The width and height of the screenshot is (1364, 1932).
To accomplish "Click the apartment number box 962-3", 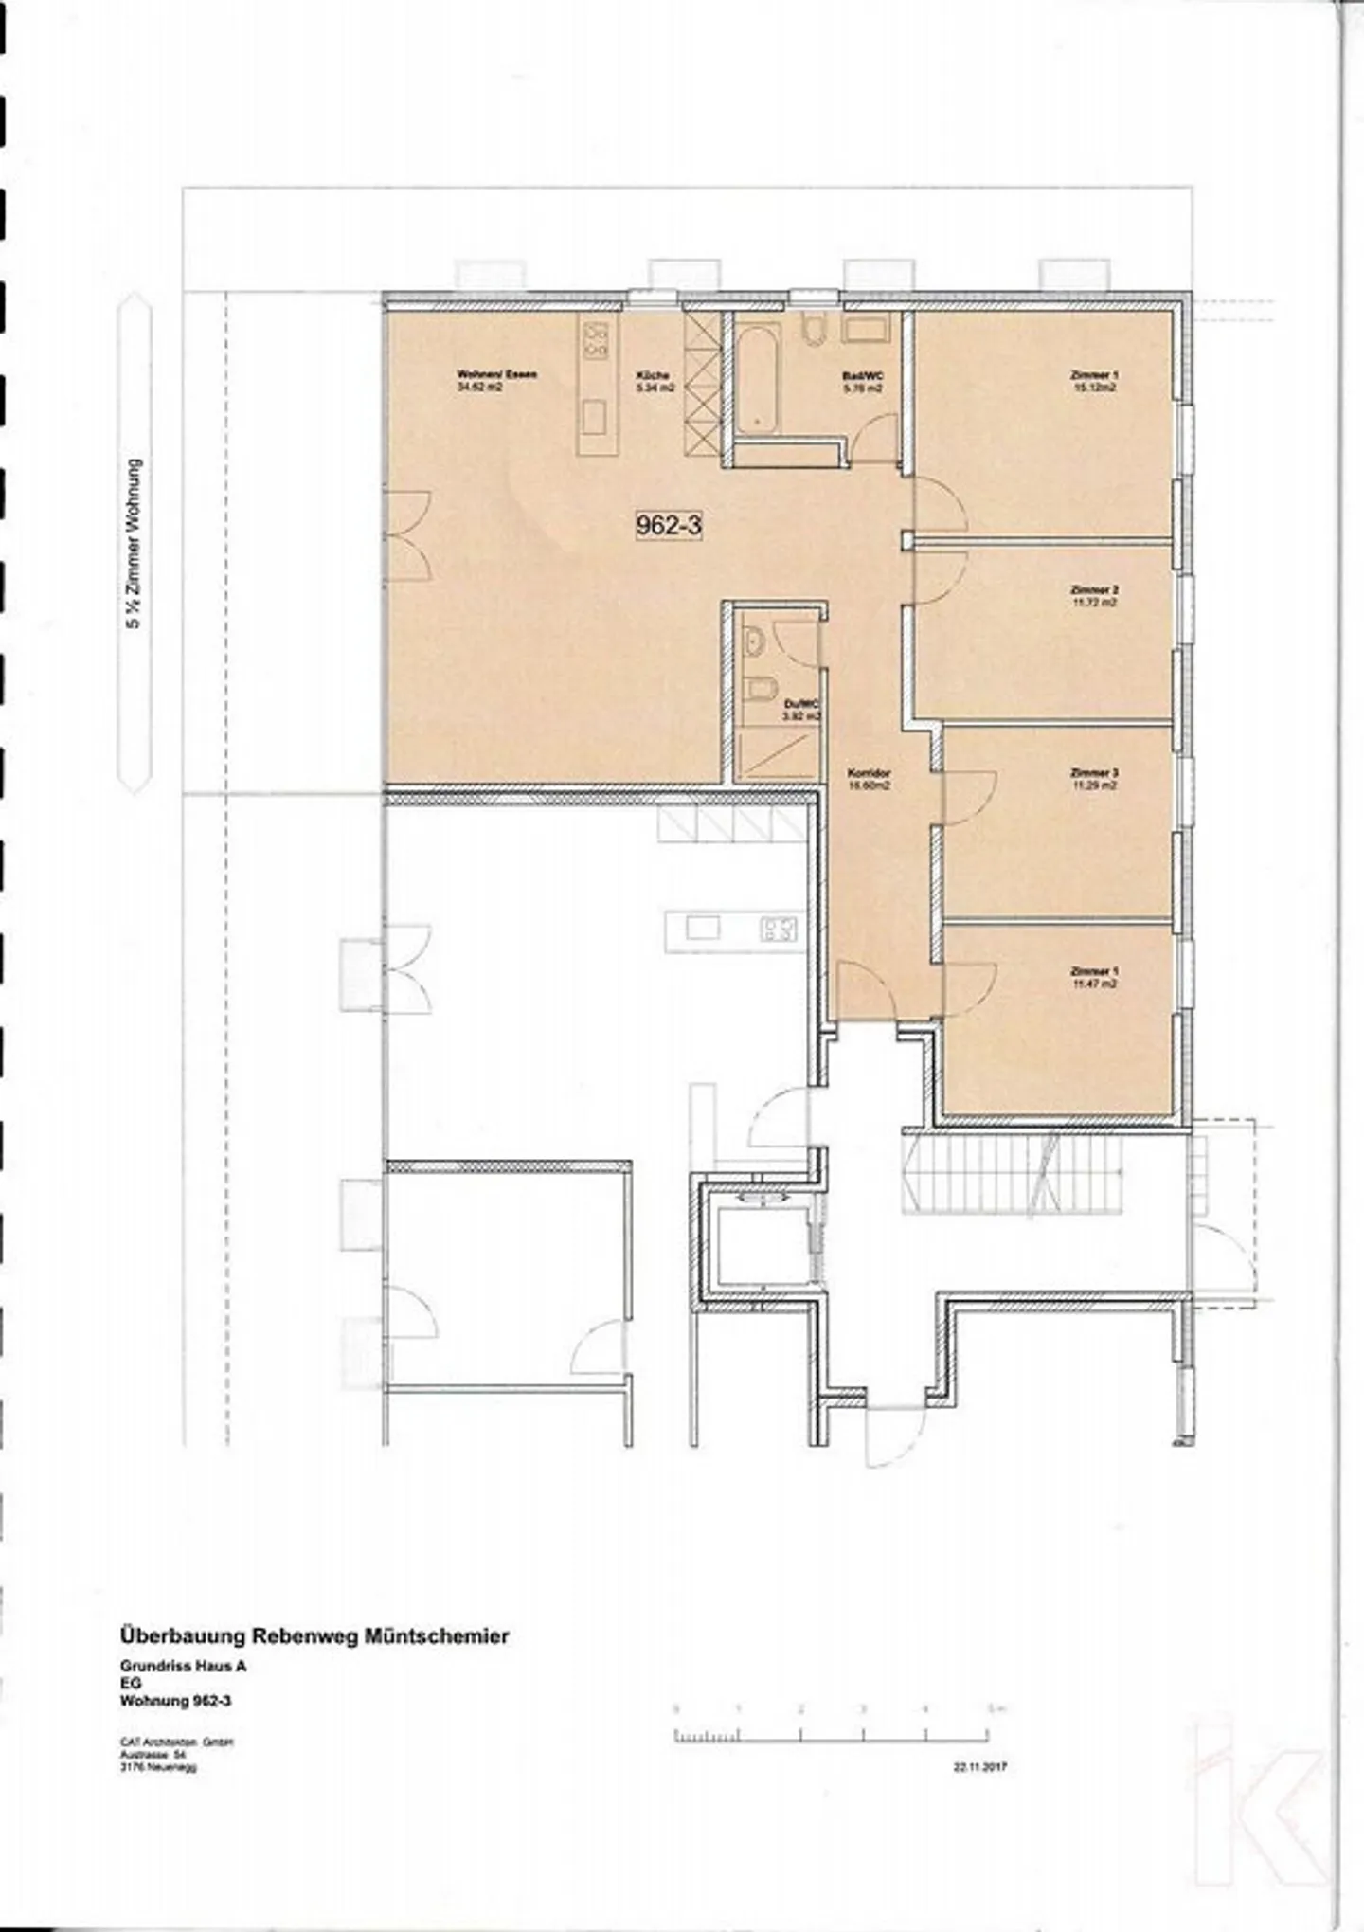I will pos(669,525).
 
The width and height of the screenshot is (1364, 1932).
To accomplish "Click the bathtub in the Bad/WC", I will pos(758,378).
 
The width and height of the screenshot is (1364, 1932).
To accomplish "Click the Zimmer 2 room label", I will pos(1094,595).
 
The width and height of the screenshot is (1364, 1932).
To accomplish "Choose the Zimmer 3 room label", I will pos(1094,778).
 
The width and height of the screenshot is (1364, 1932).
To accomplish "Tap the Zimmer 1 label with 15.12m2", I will pos(1094,381).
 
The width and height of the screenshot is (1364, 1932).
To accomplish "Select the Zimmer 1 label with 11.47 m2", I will pos(1094,977).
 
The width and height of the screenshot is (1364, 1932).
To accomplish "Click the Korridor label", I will pos(869,779).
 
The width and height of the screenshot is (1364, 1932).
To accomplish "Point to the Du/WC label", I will pos(800,711).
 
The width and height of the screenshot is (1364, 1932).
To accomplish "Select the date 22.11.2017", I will pos(980,1766).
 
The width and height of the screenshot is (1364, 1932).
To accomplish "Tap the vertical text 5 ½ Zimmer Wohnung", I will pos(135,545).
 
